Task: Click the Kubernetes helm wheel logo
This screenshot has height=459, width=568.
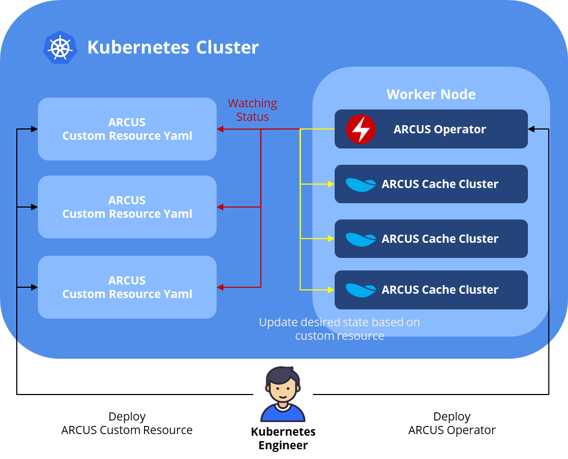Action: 60,48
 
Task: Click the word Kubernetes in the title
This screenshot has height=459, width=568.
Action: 138,48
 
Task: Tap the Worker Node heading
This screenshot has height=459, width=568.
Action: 431,94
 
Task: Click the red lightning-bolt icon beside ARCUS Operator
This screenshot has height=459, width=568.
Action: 361,130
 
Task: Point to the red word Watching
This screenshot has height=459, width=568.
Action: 252,103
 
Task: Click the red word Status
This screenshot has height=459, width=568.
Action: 252,117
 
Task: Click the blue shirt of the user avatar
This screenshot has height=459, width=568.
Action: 283,413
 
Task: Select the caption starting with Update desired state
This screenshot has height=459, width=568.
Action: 340,329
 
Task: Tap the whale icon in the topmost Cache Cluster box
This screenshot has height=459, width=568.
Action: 361,184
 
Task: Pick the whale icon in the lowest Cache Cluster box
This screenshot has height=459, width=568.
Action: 361,290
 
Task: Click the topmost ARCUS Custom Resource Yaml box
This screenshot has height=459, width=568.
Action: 127,129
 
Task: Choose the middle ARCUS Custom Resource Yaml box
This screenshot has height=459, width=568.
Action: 127,207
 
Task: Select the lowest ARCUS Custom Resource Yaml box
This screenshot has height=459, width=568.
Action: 127,287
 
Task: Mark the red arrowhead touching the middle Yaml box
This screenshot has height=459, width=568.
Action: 220,207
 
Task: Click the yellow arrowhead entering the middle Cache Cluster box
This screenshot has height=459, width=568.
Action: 331,239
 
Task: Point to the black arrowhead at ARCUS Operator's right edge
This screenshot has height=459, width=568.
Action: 531,130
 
